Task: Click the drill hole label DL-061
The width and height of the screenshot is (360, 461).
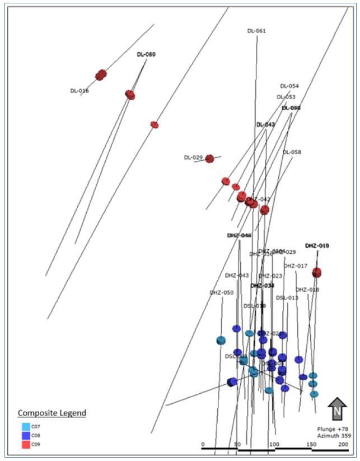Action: coord(256,31)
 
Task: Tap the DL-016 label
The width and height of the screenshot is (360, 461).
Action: coord(80,90)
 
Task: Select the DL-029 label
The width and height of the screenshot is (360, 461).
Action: coord(193,157)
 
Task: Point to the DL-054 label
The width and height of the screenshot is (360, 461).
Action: coord(289,86)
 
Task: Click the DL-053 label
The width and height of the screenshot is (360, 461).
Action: coord(286,97)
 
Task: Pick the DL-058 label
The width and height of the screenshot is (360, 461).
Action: coord(292,152)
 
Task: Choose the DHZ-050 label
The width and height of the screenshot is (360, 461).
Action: coord(222,292)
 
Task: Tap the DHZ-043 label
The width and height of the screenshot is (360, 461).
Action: coord(237,275)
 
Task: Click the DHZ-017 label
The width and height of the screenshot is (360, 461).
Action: coord(296,266)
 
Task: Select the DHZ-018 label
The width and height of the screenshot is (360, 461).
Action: coord(307,290)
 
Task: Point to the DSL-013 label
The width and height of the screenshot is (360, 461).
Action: coord(287,297)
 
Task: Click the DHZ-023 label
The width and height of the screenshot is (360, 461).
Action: coord(270,276)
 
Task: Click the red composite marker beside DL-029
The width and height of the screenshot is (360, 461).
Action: coord(209,159)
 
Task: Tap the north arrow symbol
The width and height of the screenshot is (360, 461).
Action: coord(337,409)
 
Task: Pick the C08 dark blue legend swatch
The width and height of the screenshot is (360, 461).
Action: coord(26,435)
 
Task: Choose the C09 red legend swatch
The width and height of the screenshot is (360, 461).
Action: coord(26,444)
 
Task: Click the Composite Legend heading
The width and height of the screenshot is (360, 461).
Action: coord(52,413)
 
